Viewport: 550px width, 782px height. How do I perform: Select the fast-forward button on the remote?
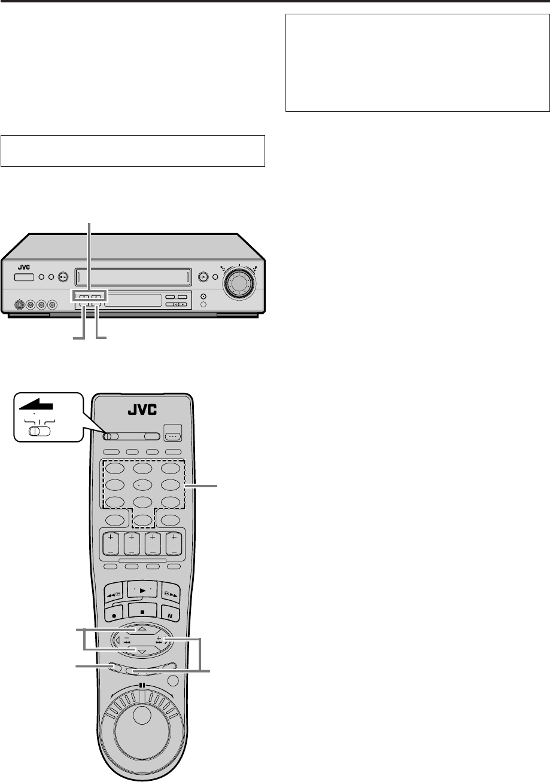click(x=171, y=589)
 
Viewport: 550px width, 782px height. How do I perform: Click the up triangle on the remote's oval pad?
click(x=141, y=628)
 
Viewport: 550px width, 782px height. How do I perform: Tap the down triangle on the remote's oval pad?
click(x=141, y=651)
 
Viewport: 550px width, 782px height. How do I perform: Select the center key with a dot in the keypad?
click(x=141, y=485)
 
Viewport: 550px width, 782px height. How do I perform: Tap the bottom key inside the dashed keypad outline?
click(x=141, y=521)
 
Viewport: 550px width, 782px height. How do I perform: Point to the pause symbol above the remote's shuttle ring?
click(x=141, y=686)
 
